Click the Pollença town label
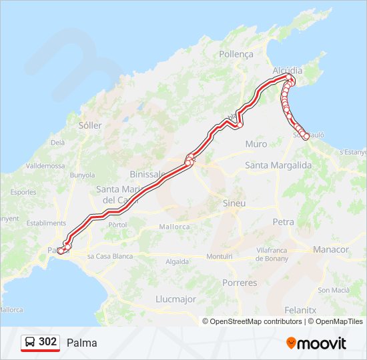pos(236,53)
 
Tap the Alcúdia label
pos(288,70)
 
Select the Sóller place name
pos(90,125)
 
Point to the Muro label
pos(256,144)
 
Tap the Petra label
pos(284,221)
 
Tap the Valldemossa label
pos(45,165)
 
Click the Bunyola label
pos(83,175)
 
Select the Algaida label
pos(177,262)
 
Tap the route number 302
pos(47,342)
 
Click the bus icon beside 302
pos(30,343)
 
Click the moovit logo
pos(316,343)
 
